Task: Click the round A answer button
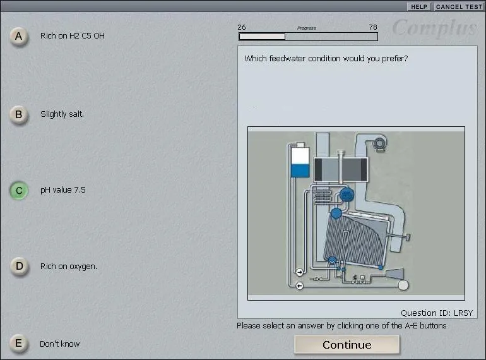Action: (x=18, y=36)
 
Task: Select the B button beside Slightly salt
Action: (x=18, y=114)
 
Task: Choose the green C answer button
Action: (x=18, y=190)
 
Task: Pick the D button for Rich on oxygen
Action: (x=18, y=266)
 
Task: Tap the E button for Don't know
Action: (x=18, y=343)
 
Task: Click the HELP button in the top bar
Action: (x=419, y=6)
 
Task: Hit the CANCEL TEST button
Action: (x=459, y=6)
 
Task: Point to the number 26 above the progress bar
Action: (x=242, y=27)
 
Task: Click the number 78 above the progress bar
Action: (x=373, y=27)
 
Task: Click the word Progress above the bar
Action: (x=307, y=28)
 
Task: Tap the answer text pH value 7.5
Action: (x=63, y=189)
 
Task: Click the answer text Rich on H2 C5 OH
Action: (x=73, y=35)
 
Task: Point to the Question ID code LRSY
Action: (x=463, y=313)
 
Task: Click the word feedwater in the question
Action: (x=287, y=58)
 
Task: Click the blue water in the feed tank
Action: (x=300, y=171)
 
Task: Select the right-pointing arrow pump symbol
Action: (x=299, y=272)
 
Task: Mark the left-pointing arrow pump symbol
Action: (x=299, y=285)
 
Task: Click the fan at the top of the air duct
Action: (x=379, y=143)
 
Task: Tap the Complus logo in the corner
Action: (x=434, y=28)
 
